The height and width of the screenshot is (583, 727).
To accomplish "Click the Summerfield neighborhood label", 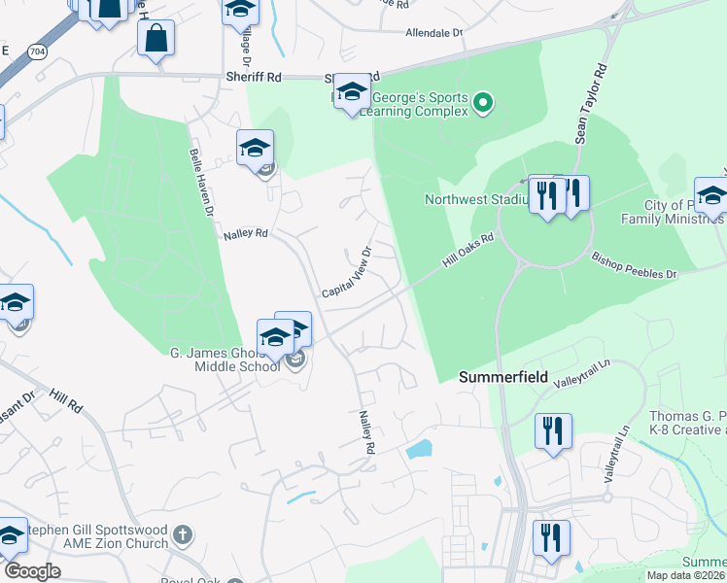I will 503,376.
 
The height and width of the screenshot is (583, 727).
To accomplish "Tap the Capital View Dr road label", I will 348,272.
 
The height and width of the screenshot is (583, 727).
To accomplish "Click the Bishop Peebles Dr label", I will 634,267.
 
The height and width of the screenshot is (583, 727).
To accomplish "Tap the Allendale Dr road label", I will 434,33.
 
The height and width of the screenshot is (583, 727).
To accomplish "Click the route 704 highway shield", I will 37,50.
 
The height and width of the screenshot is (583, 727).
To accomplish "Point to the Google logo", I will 32,571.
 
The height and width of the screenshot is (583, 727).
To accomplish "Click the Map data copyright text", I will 685,575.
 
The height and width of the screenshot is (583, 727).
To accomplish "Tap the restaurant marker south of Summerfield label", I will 553,430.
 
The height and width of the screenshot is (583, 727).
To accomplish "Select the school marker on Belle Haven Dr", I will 255,149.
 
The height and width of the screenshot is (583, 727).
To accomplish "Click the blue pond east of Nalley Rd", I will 418,449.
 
